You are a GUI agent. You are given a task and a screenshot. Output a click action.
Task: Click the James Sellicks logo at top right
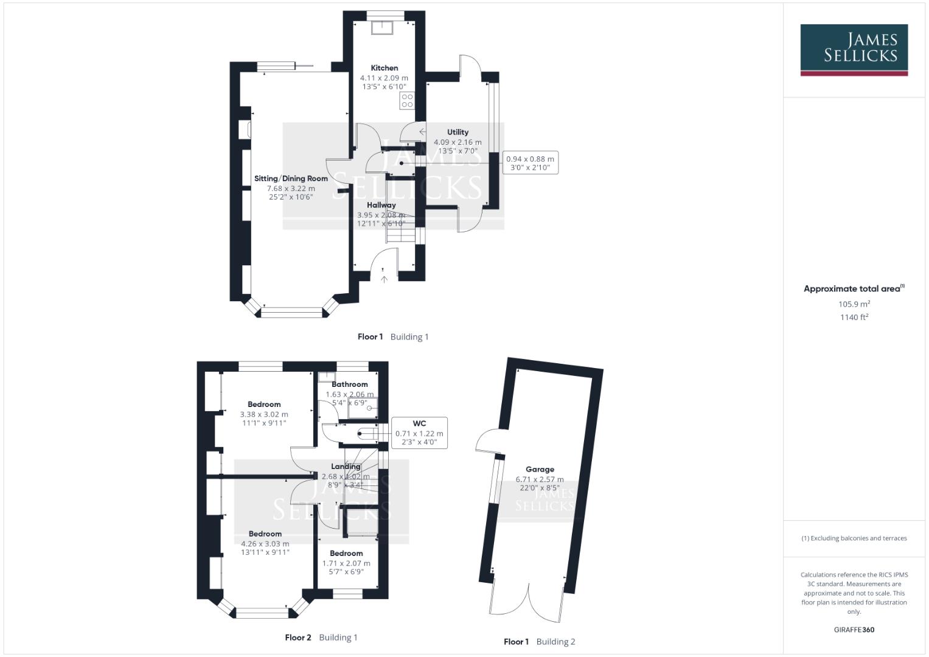click(x=854, y=49)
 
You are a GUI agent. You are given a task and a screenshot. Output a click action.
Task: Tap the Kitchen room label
click(x=384, y=68)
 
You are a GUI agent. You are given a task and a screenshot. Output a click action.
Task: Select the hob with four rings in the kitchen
click(x=407, y=101)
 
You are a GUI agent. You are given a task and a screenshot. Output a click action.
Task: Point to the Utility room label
click(x=458, y=132)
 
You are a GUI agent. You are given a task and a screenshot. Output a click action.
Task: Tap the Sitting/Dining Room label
click(x=291, y=178)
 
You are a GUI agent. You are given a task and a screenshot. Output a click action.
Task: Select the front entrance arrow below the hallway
click(x=384, y=279)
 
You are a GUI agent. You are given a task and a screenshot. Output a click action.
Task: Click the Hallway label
click(x=381, y=205)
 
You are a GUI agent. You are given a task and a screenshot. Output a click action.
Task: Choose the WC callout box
click(x=419, y=433)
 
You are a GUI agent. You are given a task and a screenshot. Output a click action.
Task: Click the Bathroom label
click(x=350, y=384)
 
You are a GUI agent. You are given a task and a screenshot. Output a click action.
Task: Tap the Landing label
click(x=346, y=467)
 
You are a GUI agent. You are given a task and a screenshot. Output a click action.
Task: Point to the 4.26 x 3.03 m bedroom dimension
click(x=265, y=544)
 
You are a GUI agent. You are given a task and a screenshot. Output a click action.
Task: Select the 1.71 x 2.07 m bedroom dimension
click(x=346, y=563)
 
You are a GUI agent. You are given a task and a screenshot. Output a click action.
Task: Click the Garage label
click(x=540, y=469)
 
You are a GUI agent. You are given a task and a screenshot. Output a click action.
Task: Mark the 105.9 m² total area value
click(x=854, y=304)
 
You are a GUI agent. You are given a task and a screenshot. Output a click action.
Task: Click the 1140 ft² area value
click(x=854, y=317)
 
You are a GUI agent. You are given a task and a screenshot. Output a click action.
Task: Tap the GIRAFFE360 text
click(x=854, y=630)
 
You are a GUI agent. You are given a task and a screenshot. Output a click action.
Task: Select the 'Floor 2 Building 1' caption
click(x=321, y=638)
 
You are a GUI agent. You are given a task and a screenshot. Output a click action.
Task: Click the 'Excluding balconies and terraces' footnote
click(x=854, y=538)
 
